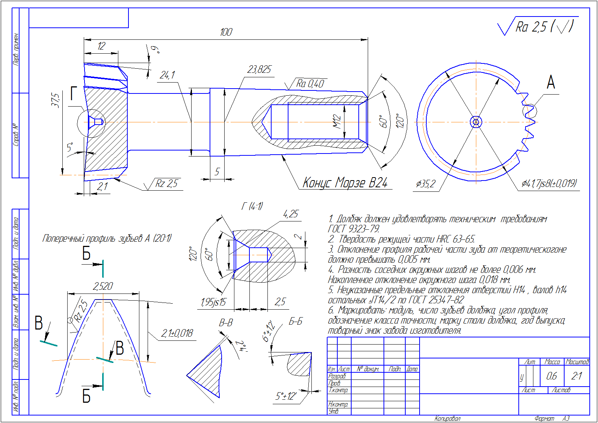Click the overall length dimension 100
click(x=226, y=32)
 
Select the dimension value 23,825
click(x=259, y=69)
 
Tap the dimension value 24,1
click(x=167, y=75)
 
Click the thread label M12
click(x=337, y=122)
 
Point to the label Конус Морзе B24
click(x=345, y=183)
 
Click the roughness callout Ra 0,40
click(x=310, y=84)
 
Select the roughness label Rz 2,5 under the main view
click(x=166, y=184)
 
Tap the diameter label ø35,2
click(x=426, y=184)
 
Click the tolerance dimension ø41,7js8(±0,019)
click(x=549, y=184)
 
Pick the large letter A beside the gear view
click(x=551, y=82)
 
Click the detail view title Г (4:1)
click(x=252, y=206)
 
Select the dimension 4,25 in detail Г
click(x=290, y=214)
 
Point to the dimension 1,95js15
click(x=213, y=302)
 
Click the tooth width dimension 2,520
click(x=103, y=286)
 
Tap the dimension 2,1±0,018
click(x=177, y=333)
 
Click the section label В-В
click(x=226, y=323)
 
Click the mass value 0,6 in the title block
click(x=551, y=376)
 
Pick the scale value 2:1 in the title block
click(x=577, y=376)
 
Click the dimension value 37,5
click(x=55, y=100)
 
